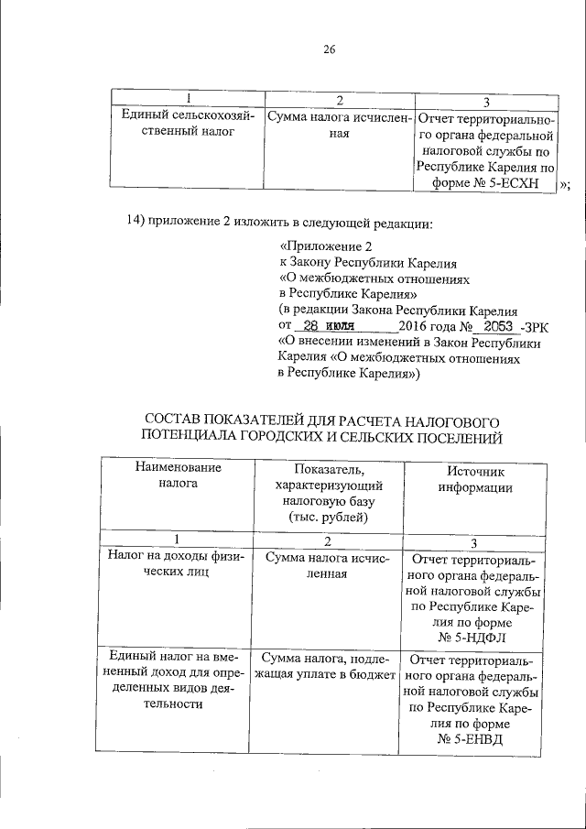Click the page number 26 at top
click(329, 50)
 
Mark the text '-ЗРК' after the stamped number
click(533, 325)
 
